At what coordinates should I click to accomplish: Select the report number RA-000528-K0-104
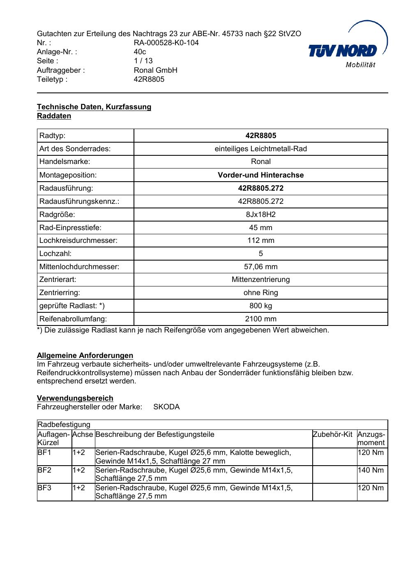[166, 43]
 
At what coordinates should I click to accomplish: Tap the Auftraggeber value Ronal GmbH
[155, 70]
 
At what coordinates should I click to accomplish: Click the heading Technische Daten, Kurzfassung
[94, 107]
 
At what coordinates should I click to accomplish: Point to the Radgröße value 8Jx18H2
[260, 215]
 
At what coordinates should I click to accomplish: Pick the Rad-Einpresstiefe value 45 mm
[260, 228]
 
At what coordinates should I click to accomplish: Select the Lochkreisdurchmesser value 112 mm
[260, 240]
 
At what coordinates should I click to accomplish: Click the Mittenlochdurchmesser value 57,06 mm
[260, 267]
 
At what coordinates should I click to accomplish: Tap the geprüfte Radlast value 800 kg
[260, 306]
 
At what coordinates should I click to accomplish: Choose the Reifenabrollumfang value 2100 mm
[260, 319]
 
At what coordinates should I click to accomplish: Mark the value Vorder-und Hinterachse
[260, 175]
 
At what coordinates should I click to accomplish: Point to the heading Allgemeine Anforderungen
[85, 355]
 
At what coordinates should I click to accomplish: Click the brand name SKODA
[166, 407]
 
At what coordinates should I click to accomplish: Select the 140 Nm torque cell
[371, 470]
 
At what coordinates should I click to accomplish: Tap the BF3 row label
[44, 488]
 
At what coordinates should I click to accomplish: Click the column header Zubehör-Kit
[332, 434]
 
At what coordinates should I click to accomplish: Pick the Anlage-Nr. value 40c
[140, 52]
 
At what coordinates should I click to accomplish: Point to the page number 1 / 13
[143, 61]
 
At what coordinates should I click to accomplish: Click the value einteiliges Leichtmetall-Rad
[260, 149]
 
